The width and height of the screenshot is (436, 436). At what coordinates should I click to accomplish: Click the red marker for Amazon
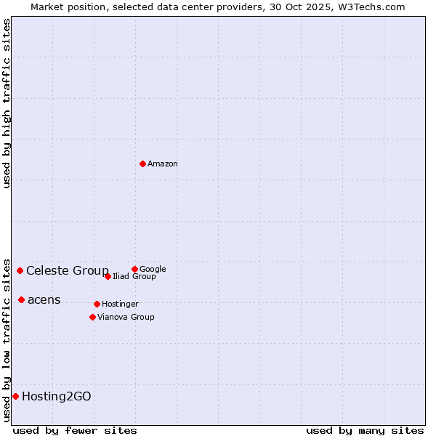[142, 163]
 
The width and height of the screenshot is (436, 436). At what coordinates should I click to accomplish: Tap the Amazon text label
[163, 164]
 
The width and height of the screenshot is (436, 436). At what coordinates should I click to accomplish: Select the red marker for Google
[134, 269]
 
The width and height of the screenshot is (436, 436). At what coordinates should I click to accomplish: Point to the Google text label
[153, 270]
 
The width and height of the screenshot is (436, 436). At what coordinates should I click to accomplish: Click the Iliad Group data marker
[108, 276]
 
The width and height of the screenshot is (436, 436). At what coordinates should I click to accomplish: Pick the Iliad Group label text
[134, 277]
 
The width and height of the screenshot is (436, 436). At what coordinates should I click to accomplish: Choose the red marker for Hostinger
[97, 304]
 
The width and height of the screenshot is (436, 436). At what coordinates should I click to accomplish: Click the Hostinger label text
[120, 304]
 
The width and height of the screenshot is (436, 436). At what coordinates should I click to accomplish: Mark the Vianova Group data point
[92, 317]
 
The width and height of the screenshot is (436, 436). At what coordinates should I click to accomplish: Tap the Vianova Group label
[126, 318]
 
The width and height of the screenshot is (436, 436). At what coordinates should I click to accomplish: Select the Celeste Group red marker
[20, 270]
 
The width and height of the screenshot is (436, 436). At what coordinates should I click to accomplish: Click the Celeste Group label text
[68, 271]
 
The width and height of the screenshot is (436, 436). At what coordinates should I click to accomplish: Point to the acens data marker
[21, 299]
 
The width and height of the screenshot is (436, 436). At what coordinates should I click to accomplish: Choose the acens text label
[44, 300]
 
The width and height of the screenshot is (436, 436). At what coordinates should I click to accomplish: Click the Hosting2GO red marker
[15, 396]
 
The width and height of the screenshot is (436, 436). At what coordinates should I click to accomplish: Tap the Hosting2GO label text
[57, 397]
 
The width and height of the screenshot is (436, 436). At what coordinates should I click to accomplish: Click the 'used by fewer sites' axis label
[75, 431]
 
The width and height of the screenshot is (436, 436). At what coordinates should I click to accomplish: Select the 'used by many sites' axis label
[365, 431]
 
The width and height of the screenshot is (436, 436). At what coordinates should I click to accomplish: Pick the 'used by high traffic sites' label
[7, 103]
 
